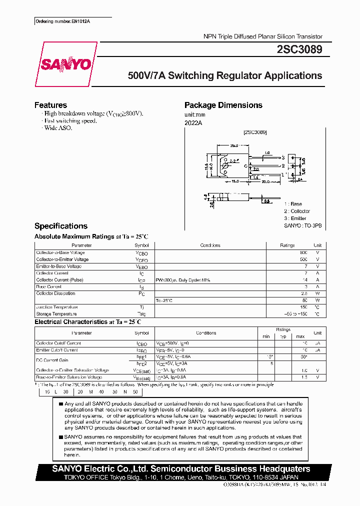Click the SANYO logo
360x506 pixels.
pos(65,64)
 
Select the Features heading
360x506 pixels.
pos(50,105)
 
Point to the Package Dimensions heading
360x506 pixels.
pos(223,105)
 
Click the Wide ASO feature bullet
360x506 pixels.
pos(58,128)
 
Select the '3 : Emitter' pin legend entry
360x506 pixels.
pos(295,218)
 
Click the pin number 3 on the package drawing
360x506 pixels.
pos(282,157)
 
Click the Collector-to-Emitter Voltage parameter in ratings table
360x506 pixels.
pos(62,260)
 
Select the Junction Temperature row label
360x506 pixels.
pos(57,307)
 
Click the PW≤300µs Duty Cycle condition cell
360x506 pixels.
pos(183,280)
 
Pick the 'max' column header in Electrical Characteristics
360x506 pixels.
pos(300,336)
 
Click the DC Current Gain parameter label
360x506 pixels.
pos(51,360)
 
